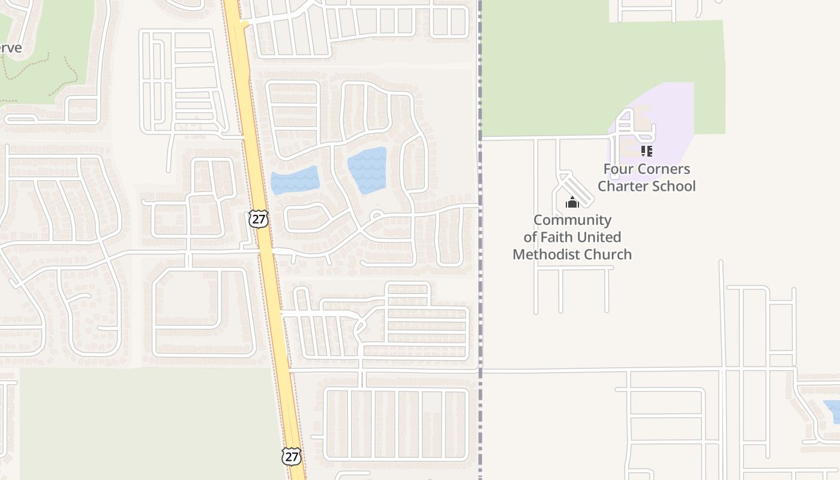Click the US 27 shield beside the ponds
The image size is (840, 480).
[259, 219]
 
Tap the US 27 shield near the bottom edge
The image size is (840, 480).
[292, 456]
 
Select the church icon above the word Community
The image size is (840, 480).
[572, 202]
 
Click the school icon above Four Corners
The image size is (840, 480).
[646, 151]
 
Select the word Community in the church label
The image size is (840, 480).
[572, 220]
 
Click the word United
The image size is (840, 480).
[602, 237]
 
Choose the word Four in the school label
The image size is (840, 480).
[617, 169]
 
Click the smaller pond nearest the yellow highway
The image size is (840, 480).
[293, 180]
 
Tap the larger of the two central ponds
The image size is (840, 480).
[367, 170]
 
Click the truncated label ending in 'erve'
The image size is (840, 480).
[10, 48]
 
